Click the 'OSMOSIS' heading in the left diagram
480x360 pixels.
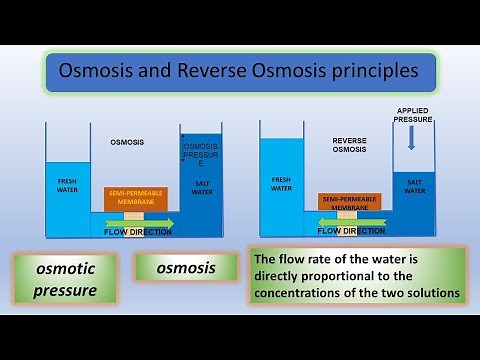[x=127, y=142]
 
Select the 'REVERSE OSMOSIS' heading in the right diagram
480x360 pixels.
[x=350, y=147]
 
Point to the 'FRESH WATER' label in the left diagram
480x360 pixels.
[x=68, y=186]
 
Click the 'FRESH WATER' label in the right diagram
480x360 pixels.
[x=282, y=183]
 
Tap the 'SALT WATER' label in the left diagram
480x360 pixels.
[x=202, y=188]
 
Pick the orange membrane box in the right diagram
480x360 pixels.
[x=349, y=200]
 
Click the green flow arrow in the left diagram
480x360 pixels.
[x=138, y=222]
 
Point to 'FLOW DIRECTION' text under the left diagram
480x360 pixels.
[x=138, y=232]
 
